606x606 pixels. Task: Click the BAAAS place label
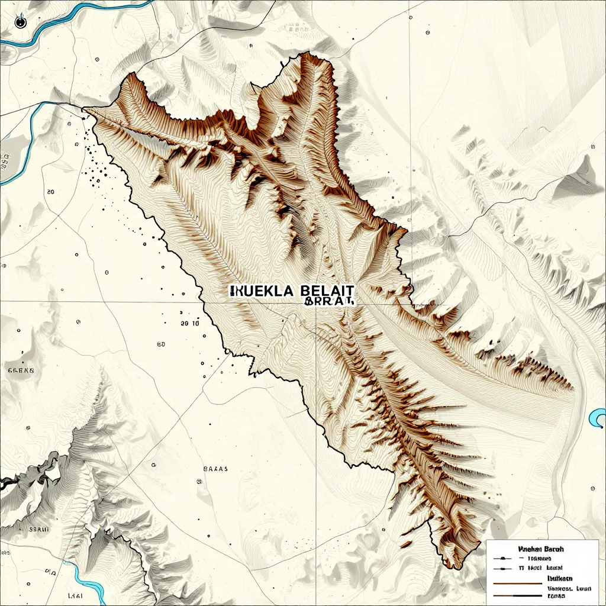(x=215, y=468)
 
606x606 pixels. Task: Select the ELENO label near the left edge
(x=21, y=370)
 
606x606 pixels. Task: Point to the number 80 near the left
(x=50, y=192)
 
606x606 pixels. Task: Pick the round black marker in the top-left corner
(x=21, y=22)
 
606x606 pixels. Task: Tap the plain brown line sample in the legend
(x=515, y=584)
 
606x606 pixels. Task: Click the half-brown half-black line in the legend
(x=515, y=594)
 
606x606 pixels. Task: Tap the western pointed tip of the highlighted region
(x=83, y=108)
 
